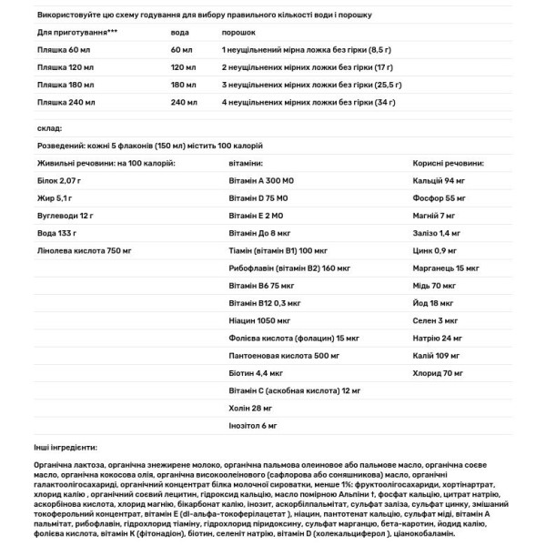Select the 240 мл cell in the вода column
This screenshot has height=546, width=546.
183,102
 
